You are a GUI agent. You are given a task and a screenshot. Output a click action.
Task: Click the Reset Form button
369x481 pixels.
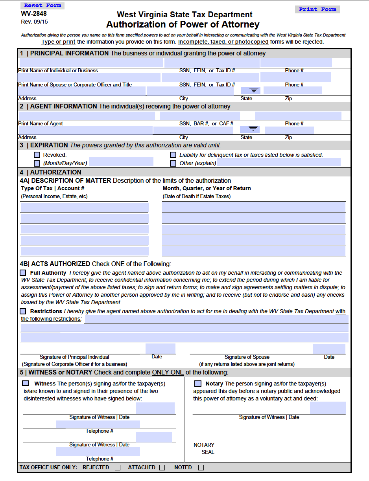click(x=42, y=6)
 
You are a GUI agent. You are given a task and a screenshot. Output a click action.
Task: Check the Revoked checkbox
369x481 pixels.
click(x=37, y=155)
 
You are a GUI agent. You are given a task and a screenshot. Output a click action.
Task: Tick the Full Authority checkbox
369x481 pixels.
click(x=23, y=273)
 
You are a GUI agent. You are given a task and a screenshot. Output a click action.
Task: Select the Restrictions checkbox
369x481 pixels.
click(x=23, y=311)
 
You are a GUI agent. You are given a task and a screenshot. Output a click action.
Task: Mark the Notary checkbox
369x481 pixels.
click(x=198, y=383)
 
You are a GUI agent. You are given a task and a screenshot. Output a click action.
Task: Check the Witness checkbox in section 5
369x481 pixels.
click(x=26, y=383)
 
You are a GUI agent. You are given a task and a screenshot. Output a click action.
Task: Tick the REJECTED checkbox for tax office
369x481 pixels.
click(x=118, y=468)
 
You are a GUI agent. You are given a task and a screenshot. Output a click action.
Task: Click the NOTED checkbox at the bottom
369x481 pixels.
click(x=201, y=468)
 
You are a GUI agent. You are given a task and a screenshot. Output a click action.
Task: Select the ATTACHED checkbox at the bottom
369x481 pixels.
click(x=162, y=468)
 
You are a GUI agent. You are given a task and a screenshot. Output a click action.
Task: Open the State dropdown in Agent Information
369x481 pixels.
click(x=253, y=129)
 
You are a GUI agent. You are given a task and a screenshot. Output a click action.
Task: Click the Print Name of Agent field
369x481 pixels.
click(x=87, y=116)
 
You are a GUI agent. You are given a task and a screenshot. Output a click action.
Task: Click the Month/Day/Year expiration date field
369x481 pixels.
click(x=121, y=162)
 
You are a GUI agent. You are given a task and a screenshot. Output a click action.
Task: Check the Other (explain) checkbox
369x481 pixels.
click(x=173, y=163)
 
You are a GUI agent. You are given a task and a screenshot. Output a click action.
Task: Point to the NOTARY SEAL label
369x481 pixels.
click(x=205, y=448)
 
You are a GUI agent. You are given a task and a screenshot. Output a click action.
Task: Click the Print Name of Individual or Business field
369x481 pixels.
click(x=90, y=62)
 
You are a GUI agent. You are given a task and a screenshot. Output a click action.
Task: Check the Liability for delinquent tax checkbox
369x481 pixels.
click(x=173, y=155)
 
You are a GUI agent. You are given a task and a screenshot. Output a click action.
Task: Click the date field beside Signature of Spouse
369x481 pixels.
click(x=329, y=349)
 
